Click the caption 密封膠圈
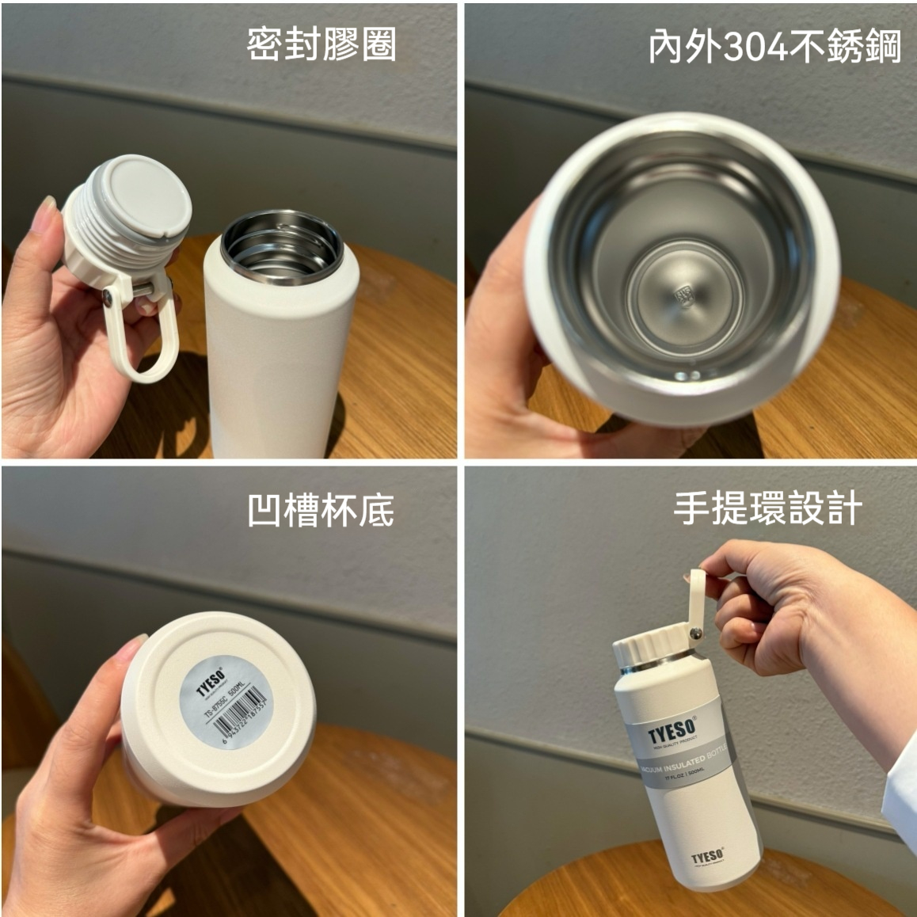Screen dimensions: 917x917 pos(321,45)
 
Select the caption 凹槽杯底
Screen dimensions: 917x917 pos(321,511)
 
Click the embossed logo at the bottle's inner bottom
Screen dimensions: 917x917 pos(683,297)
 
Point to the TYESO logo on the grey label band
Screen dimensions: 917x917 pos(672,731)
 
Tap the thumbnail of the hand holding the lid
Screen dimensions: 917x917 pos(48,210)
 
